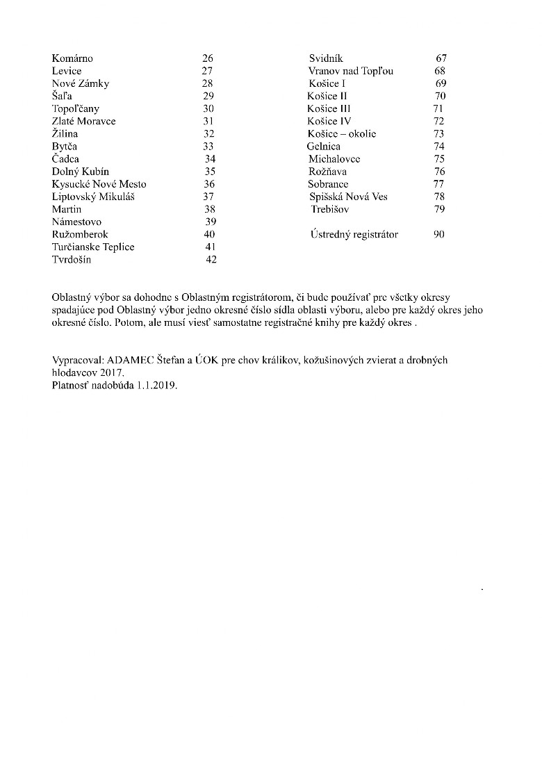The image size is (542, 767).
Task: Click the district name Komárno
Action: coord(72,58)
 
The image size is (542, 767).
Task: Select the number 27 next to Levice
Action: coord(207,71)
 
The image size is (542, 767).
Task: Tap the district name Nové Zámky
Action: coord(81,83)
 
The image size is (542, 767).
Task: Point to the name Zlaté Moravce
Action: coord(84,122)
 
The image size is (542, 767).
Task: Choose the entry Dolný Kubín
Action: coord(81,172)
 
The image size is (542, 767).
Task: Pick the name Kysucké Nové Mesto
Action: coord(99,184)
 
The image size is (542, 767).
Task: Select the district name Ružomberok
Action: coord(80,235)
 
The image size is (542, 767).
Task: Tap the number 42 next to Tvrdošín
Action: coord(211,260)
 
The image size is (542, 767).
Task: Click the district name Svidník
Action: coord(326,58)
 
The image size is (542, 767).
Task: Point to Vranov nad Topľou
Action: coord(351,71)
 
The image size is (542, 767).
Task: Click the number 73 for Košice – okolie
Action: coord(438,134)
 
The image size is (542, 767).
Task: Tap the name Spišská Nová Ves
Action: coord(349,197)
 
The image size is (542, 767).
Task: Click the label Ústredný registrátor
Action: coord(354,235)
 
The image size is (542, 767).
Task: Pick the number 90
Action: coord(438,235)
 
